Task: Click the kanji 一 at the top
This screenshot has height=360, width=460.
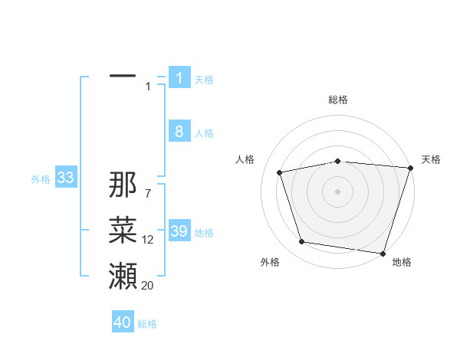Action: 123,77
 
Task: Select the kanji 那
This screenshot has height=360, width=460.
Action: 123,185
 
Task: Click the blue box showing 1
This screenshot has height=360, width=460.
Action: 179,78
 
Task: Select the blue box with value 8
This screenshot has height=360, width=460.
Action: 179,132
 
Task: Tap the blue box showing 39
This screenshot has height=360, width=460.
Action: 179,232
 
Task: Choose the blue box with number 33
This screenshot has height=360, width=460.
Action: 65,178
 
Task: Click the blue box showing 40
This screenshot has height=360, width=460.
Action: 123,322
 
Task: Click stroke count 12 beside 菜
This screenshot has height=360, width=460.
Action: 148,240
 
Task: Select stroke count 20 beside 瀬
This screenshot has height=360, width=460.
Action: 148,285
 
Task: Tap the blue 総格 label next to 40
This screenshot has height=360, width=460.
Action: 147,324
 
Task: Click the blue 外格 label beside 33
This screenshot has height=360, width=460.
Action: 41,179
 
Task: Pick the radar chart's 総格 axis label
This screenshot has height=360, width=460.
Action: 338,100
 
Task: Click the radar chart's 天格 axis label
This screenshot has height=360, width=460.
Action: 431,159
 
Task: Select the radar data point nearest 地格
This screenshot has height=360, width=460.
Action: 383,253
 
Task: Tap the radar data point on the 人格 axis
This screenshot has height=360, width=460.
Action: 280,172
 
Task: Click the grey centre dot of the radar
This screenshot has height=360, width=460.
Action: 337,191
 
